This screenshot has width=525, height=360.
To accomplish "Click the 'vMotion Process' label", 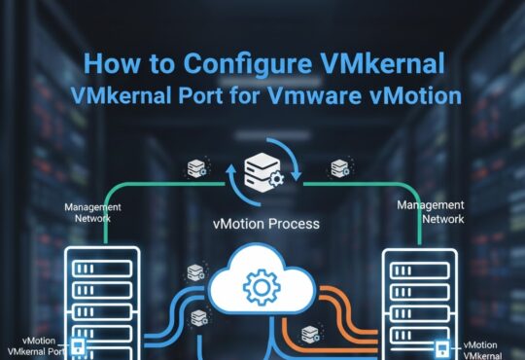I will [264, 223].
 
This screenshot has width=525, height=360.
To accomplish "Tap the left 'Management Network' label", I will [93, 213].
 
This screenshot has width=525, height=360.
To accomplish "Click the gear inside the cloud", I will [262, 289].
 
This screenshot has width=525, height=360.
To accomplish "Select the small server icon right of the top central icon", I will [339, 167].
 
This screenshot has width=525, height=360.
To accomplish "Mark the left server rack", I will [102, 302].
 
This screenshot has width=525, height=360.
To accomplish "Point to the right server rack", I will [420, 302].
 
